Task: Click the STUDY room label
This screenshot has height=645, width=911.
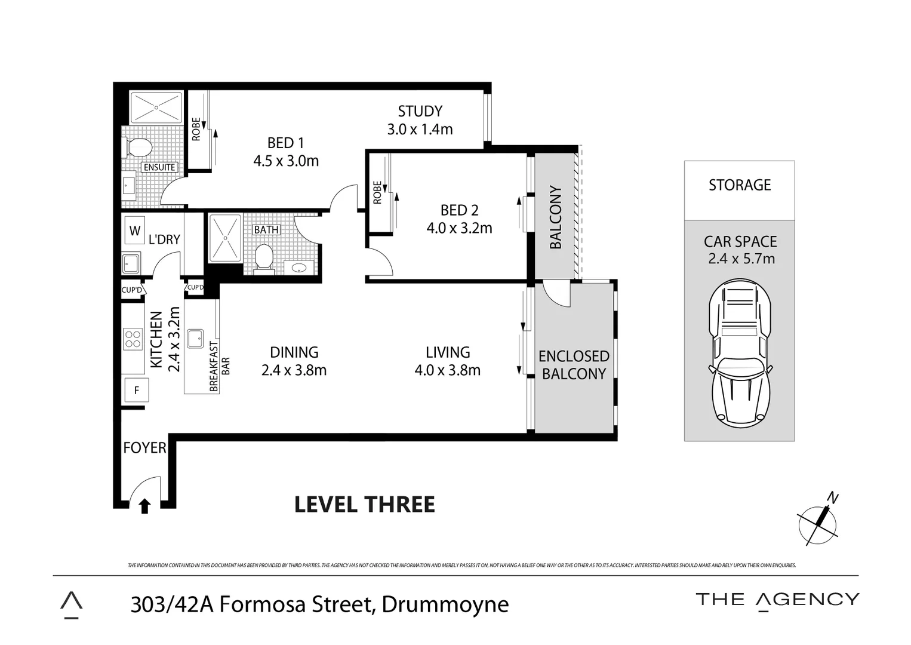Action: [x=420, y=112]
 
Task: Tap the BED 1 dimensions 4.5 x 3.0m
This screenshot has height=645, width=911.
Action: [x=286, y=161]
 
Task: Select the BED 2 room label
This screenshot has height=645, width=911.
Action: [x=459, y=210]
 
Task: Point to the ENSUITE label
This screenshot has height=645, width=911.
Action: [x=159, y=168]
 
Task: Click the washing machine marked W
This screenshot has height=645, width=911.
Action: [x=135, y=231]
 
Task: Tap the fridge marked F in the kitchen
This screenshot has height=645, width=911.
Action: [x=137, y=391]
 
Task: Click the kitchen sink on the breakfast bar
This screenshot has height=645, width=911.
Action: [x=195, y=339]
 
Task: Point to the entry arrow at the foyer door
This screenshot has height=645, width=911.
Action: [x=144, y=506]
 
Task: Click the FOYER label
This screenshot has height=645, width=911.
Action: [x=144, y=448]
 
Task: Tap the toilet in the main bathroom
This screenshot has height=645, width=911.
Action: [x=263, y=258]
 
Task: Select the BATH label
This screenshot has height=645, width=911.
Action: [x=266, y=230]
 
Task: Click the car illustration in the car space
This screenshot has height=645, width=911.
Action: [x=740, y=355]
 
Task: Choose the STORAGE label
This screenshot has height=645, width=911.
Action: [x=740, y=185]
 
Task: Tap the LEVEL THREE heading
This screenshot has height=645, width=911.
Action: [x=364, y=505]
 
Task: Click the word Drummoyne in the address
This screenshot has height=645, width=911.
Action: [x=445, y=604]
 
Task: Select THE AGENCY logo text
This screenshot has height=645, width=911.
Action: [x=777, y=600]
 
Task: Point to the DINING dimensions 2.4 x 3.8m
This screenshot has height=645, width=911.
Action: [x=294, y=370]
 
